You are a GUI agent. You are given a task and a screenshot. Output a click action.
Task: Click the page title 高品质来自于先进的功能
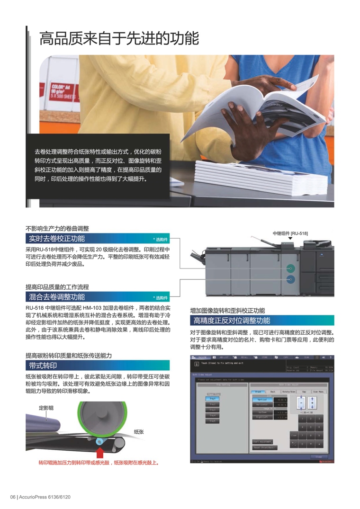tap(119, 38)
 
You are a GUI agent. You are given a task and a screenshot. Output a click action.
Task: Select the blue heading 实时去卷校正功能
tap(57, 239)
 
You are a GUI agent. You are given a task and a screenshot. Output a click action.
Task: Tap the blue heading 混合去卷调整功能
tap(57, 297)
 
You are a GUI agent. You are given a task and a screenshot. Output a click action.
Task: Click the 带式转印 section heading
tap(43, 365)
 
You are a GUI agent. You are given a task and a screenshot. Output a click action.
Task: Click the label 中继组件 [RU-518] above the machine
tap(290, 233)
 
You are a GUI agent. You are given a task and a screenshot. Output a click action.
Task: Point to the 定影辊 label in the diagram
tap(46, 408)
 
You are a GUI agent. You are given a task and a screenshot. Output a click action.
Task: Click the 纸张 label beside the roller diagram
tap(139, 431)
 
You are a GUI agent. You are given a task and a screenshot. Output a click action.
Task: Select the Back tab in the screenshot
tap(272, 392)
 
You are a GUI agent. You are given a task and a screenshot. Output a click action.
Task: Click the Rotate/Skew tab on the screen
tap(289, 392)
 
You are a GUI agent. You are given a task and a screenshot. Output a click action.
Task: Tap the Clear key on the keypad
tap(294, 435)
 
